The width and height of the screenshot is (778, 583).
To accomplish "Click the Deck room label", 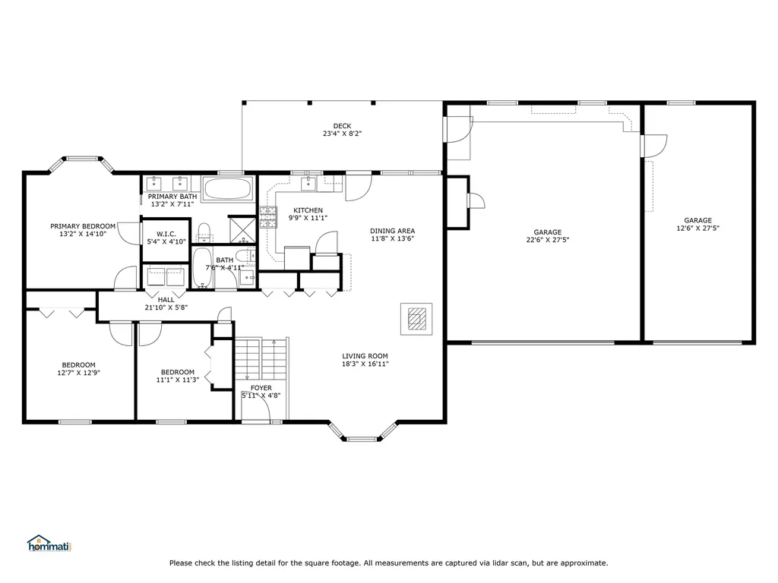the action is (342, 126).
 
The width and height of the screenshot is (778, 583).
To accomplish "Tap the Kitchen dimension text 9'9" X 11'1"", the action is (308, 218).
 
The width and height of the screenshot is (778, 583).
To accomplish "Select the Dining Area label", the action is (393, 231).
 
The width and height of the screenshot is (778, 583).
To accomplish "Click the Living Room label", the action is (365, 356).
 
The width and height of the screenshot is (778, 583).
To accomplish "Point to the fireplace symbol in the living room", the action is (417, 319).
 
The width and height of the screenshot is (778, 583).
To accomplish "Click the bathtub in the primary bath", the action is (228, 189).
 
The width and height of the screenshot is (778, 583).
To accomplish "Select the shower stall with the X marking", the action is (242, 229).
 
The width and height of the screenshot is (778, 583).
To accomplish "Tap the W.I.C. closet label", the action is (166, 234).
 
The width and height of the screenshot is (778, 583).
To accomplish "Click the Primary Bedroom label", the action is (83, 226).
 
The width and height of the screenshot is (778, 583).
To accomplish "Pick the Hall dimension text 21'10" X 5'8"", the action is (166, 307).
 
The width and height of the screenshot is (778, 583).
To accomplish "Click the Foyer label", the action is (261, 388).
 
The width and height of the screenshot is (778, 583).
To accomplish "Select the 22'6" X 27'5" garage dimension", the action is (548, 240).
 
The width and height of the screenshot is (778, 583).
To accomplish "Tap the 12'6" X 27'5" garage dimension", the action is (697, 228).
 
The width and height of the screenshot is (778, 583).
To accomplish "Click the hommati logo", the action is (49, 544).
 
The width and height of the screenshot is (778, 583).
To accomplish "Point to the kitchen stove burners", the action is (268, 217).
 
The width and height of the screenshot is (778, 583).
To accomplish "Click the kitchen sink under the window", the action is (308, 183).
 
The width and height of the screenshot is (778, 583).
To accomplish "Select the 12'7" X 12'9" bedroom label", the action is (79, 373).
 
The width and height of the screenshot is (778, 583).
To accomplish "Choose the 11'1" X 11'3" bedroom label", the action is (178, 380).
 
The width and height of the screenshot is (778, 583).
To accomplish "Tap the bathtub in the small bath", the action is (202, 268).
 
